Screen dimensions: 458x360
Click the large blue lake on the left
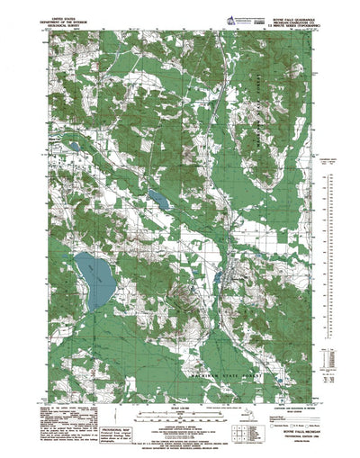[94, 279]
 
